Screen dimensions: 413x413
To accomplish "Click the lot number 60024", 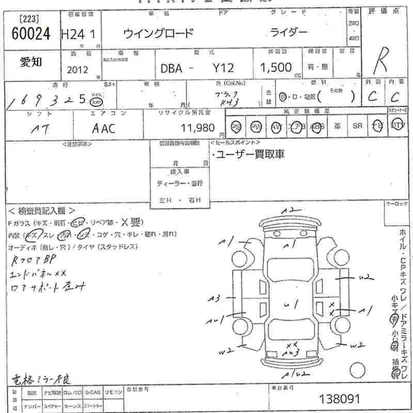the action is (31, 34).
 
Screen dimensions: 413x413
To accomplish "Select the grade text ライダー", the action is (289, 33).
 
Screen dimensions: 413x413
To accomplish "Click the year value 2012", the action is (77, 70).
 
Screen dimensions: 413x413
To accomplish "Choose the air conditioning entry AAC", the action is (104, 129).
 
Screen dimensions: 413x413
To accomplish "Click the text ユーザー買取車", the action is (250, 154).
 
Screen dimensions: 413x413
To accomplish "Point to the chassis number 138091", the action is (338, 399).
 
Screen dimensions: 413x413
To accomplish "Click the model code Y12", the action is (224, 68).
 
